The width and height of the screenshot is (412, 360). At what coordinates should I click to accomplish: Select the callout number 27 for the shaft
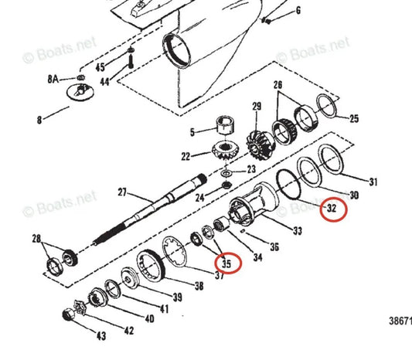[121, 192]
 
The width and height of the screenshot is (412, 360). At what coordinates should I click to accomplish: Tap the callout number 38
[199, 286]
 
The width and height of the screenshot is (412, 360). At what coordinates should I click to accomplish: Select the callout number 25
[354, 119]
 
